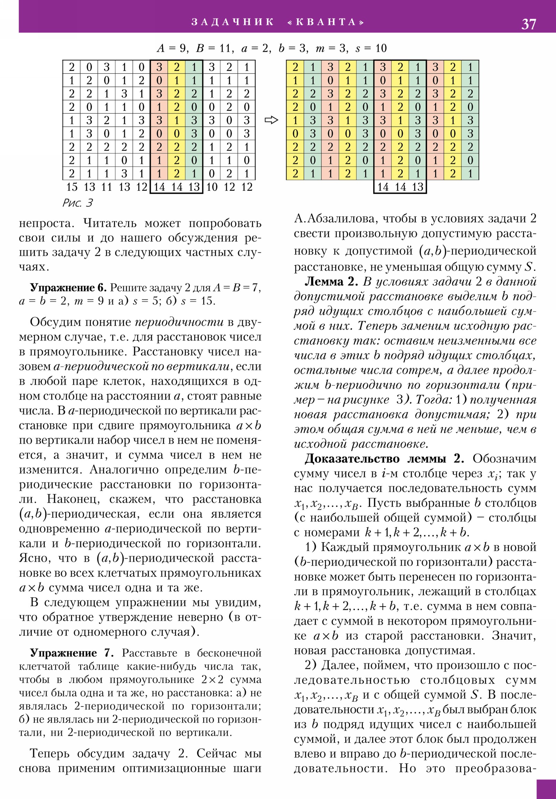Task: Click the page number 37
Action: [x=529, y=24]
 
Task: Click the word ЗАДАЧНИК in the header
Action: [x=232, y=22]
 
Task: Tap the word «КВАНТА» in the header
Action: [x=326, y=22]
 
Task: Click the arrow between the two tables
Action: [x=271, y=121]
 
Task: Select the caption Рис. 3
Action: [x=77, y=203]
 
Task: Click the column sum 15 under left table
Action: [x=72, y=187]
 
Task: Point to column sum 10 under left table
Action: [x=212, y=187]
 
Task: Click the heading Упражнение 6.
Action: [x=68, y=287]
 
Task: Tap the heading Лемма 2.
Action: [x=331, y=281]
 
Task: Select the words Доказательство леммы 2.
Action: [x=384, y=459]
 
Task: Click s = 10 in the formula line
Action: [x=371, y=48]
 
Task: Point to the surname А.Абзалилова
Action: [x=336, y=219]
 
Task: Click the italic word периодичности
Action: [x=179, y=322]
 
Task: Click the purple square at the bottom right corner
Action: [x=546, y=789]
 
